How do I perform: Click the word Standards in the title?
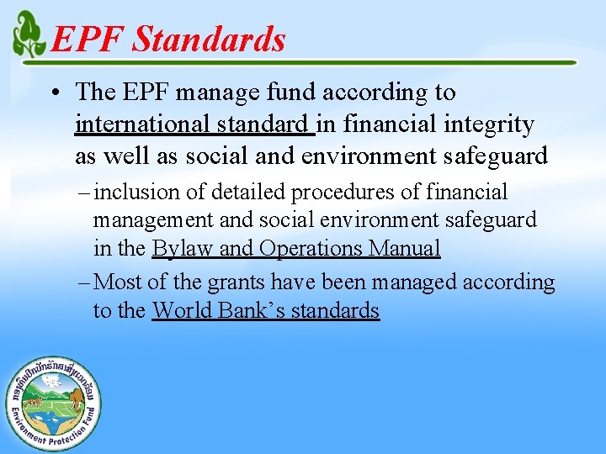point(209,40)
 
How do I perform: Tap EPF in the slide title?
point(87,40)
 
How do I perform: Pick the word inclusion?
point(136,193)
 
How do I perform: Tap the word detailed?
point(247,193)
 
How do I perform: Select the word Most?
point(119,282)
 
